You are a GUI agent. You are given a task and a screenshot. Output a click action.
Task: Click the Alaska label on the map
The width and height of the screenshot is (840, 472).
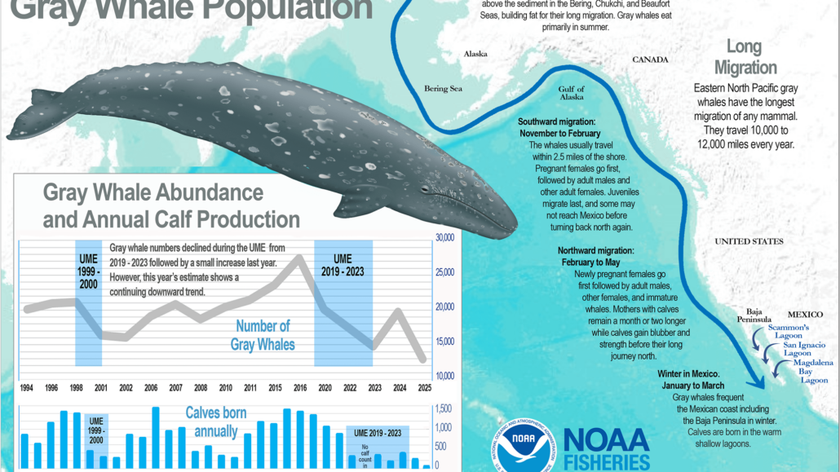tap(475, 54)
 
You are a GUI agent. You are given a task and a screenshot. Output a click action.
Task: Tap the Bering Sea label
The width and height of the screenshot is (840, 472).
tap(443, 88)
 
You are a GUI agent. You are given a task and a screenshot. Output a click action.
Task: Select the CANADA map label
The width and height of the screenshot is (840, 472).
tap(650, 60)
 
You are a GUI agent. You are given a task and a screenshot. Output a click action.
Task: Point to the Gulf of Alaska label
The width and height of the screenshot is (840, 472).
tap(572, 93)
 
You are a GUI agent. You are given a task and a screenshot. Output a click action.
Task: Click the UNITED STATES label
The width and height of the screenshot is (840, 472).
tap(749, 241)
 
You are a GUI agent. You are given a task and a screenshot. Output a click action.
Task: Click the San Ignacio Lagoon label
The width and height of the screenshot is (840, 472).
tap(798, 349)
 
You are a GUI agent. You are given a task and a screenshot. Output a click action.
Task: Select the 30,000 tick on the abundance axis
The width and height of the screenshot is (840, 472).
tap(444, 238)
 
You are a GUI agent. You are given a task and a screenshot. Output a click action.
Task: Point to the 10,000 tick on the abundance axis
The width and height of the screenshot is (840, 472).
tap(444, 376)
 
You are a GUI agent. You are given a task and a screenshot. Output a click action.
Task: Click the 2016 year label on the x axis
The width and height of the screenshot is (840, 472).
tap(299, 389)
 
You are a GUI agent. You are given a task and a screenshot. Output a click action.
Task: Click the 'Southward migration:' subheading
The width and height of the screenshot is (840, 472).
tap(562, 122)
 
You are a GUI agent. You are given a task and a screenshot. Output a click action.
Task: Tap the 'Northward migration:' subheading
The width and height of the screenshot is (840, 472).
tap(596, 250)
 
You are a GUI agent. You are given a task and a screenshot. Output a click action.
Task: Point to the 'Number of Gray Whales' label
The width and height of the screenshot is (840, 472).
tap(263, 335)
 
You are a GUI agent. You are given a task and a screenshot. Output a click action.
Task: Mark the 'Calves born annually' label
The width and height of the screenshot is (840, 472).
tap(216, 421)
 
